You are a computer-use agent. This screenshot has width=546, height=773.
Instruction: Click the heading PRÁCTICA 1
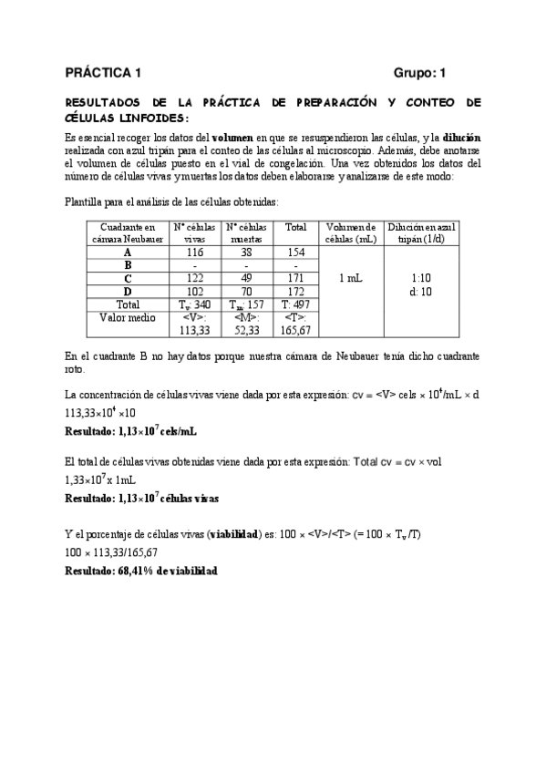(x=104, y=72)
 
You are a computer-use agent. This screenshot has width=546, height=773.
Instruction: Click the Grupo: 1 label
(x=420, y=72)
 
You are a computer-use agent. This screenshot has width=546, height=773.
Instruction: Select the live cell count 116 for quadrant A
(x=195, y=252)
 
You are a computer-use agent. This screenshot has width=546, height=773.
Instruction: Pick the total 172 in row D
(x=295, y=291)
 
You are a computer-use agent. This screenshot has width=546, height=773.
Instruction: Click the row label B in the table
(x=128, y=264)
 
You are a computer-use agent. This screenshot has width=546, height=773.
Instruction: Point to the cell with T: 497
(x=295, y=304)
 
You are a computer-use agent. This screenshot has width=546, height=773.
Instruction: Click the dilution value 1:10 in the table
(x=420, y=277)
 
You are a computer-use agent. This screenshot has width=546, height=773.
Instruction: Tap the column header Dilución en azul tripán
(x=421, y=232)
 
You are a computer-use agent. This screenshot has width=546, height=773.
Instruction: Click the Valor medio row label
(x=128, y=317)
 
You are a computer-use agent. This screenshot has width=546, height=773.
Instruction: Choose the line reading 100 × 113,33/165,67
(x=111, y=552)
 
